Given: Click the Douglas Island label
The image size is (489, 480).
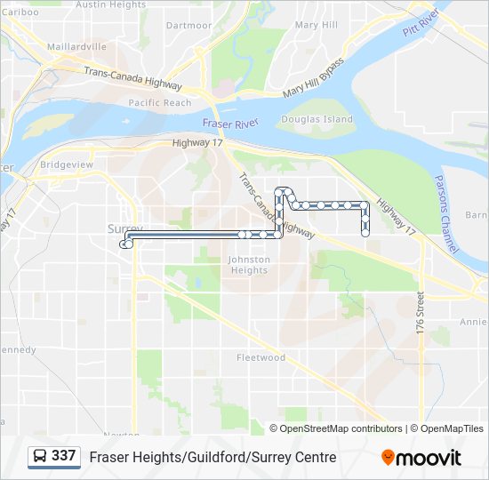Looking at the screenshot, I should [317, 119].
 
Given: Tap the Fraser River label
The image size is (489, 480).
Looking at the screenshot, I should [228, 124].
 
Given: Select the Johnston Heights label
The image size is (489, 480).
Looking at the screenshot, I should [249, 265].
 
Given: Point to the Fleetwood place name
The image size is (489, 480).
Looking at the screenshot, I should [261, 357].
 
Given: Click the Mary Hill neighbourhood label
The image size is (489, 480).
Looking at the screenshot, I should [317, 25].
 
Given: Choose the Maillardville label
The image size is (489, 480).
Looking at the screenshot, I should [76, 46].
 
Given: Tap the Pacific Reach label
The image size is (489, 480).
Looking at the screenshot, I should [159, 103].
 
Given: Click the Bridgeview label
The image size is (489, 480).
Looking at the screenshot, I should [67, 165].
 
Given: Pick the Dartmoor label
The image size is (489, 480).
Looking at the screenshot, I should [188, 26].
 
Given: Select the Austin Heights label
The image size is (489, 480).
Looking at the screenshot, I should [111, 5].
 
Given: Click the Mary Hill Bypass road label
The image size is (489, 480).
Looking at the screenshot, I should [313, 79].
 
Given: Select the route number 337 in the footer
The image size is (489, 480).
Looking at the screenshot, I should [63, 455].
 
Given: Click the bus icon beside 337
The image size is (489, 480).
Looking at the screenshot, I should [41, 456].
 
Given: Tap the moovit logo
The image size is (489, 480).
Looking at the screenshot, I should [421, 457].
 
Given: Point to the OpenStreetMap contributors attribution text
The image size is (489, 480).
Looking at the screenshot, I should [341, 428].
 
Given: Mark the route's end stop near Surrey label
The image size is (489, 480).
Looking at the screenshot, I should [127, 243].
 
